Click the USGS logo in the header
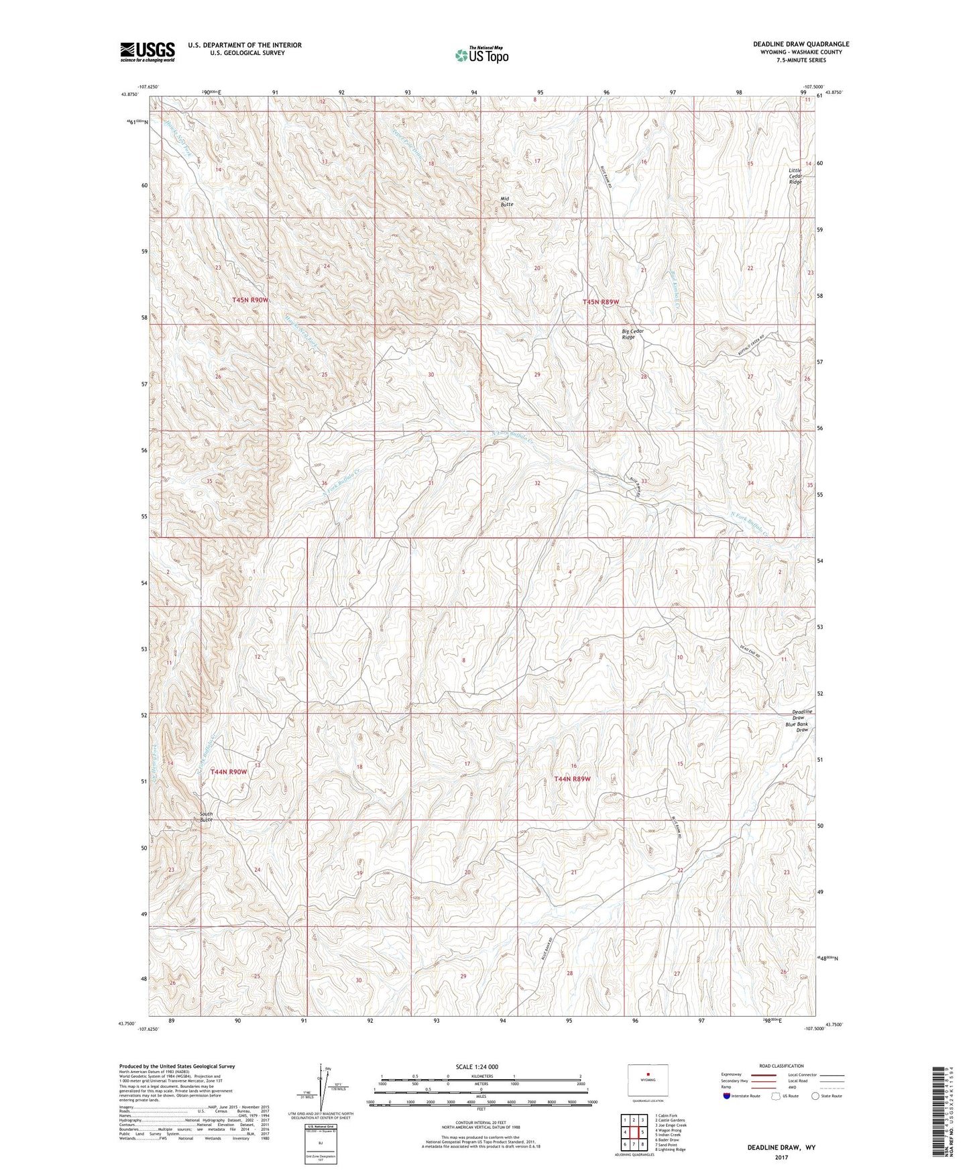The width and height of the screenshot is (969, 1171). [x=147, y=52]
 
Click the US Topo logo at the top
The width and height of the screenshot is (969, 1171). [x=481, y=55]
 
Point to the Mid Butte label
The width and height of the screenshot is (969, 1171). [x=507, y=201]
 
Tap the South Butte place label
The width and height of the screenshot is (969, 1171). [x=206, y=817]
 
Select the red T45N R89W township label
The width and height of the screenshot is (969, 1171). [x=600, y=302]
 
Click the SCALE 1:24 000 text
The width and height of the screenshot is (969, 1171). [x=476, y=1066]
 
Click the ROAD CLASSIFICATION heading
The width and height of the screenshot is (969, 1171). [x=781, y=1066]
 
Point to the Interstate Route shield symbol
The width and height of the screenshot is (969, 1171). [x=727, y=1096]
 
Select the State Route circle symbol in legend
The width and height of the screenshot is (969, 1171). [x=815, y=1096]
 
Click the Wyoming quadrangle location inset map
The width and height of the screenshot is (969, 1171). [x=647, y=1081]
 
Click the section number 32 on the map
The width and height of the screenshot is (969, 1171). [x=537, y=483]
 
